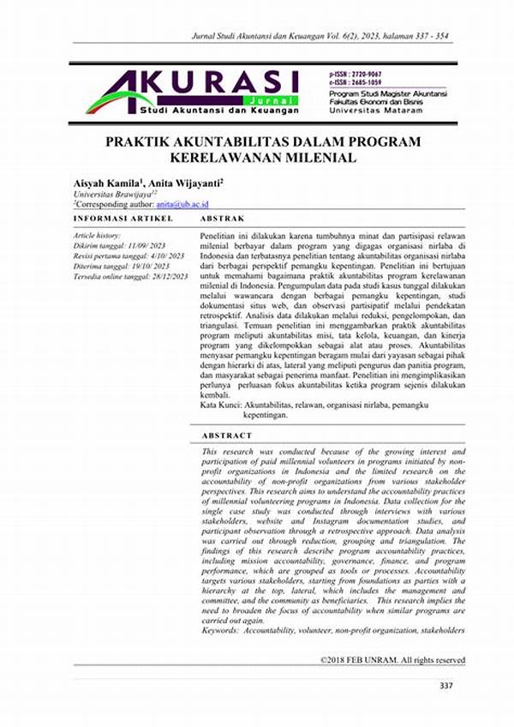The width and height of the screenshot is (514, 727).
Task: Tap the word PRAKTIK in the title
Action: (138, 141)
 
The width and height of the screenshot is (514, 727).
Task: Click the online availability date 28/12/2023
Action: (168, 275)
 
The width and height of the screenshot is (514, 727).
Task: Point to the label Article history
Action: (97, 233)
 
